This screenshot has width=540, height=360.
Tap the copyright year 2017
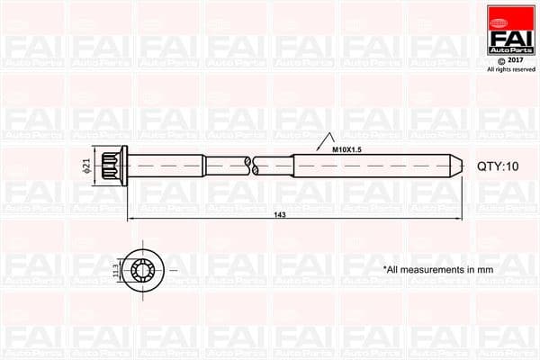click(516, 61)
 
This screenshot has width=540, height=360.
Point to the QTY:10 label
click(498, 167)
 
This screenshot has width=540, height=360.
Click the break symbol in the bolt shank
click(251, 166)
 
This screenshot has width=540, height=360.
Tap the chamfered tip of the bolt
click(457, 166)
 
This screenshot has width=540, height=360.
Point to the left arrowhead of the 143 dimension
click(130, 219)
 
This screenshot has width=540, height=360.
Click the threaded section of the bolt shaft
click(369, 166)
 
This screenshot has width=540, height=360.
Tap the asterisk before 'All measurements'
click(385, 268)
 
